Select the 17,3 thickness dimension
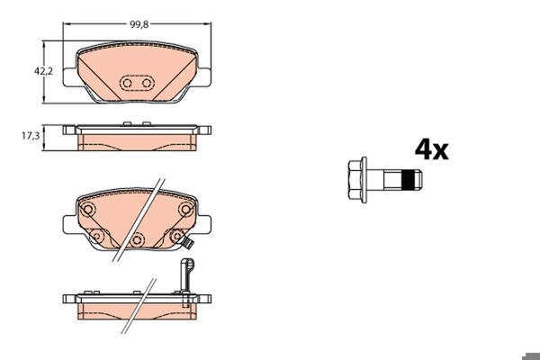(x=30, y=136)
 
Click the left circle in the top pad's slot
(x=127, y=84)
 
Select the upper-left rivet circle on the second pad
(x=88, y=210)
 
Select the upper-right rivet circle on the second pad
(x=185, y=210)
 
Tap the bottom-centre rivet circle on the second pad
(x=137, y=240)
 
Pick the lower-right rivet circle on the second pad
(x=176, y=236)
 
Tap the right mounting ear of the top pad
(x=206, y=78)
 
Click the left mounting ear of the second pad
(x=67, y=226)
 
